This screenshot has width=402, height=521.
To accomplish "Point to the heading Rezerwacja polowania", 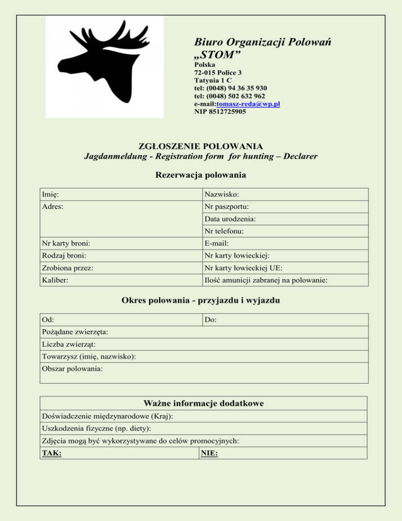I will click(x=200, y=175).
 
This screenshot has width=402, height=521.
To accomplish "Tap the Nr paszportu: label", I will click(x=227, y=207).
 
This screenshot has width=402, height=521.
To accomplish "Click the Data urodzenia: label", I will click(x=230, y=219).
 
